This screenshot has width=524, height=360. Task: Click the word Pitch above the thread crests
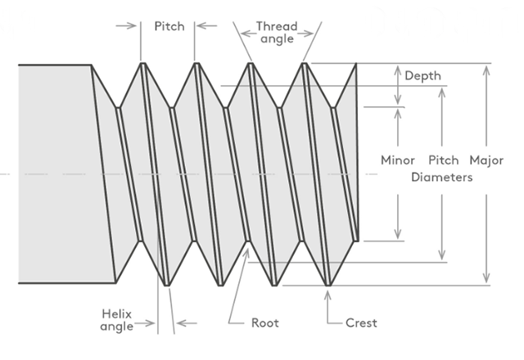tap(169, 26)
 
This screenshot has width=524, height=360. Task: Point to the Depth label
tap(423, 76)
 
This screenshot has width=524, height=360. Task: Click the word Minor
tap(398, 160)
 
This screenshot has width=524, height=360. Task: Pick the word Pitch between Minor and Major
tap(444, 160)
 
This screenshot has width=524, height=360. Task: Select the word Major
tap(487, 160)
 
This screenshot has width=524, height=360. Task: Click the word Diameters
tap(441, 177)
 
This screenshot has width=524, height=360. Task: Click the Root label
tap(264, 323)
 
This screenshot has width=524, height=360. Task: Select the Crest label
tap(361, 323)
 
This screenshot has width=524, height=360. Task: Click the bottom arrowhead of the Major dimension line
tap(487, 281)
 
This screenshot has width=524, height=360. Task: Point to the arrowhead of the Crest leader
tap(328, 292)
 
